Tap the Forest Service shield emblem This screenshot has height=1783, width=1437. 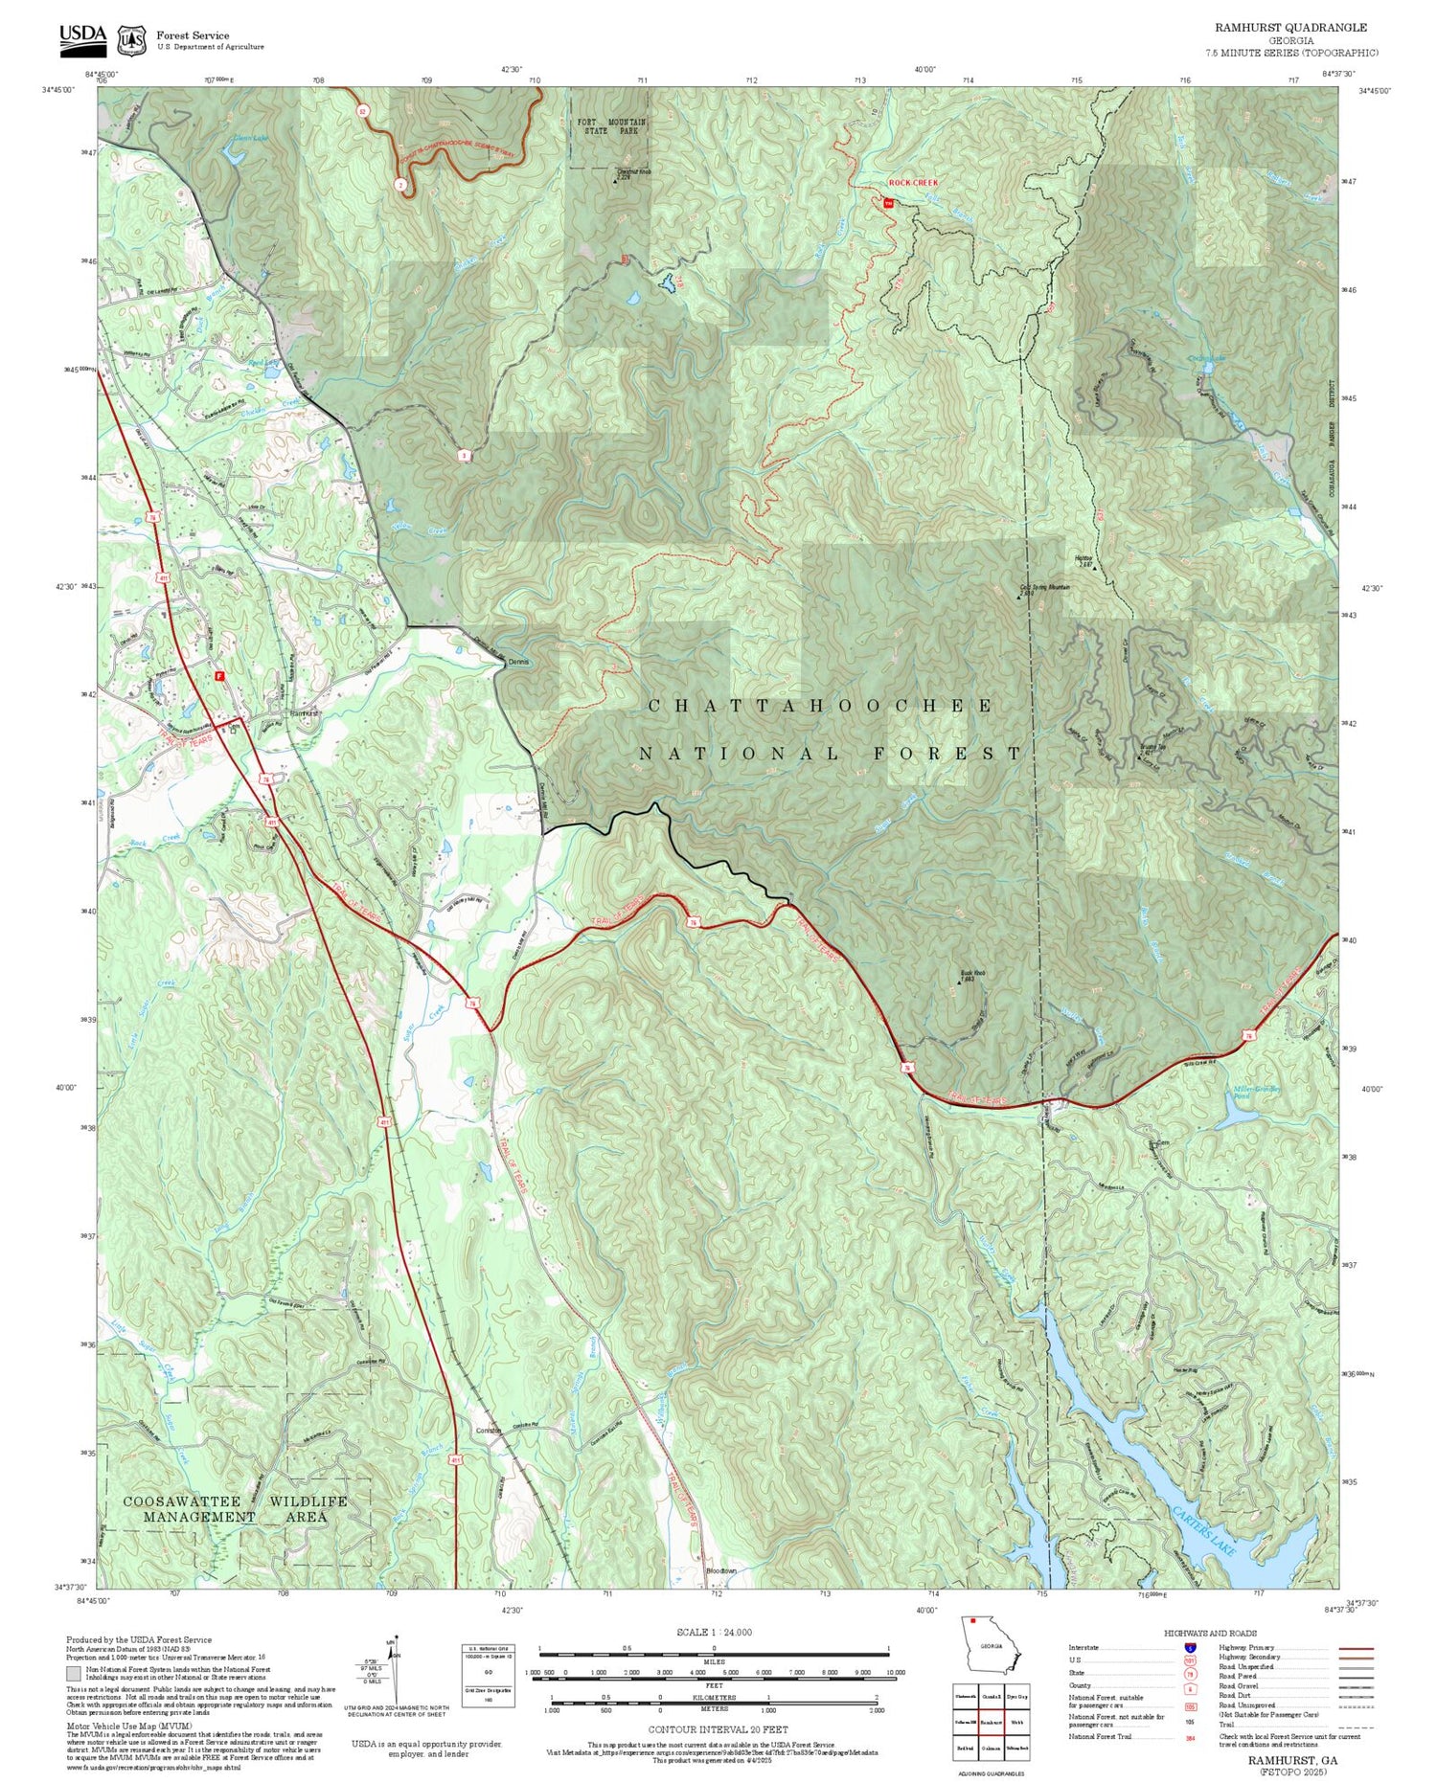(x=132, y=40)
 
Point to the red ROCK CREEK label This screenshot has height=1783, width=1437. (x=913, y=182)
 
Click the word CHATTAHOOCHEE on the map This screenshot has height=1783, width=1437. (x=821, y=706)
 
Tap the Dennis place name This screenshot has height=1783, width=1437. (x=517, y=662)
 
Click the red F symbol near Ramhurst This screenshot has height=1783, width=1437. (x=220, y=675)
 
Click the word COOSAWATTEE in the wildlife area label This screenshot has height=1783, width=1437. (x=183, y=1501)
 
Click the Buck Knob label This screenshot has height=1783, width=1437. (x=972, y=975)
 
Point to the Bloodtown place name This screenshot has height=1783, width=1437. (x=721, y=1570)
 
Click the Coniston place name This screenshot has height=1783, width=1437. (x=489, y=1431)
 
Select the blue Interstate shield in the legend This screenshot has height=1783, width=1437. (x=1191, y=1647)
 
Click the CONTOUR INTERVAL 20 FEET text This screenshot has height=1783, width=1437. (x=718, y=1729)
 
